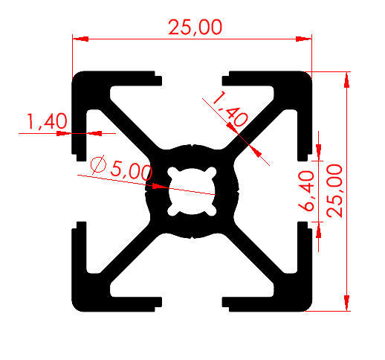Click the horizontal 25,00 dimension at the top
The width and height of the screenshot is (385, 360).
click(x=195, y=28)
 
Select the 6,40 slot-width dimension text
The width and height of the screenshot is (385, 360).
click(x=308, y=190)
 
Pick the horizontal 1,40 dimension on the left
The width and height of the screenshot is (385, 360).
click(x=47, y=121)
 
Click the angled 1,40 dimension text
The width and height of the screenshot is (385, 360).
click(x=230, y=107)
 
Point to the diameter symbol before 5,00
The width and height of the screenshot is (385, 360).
click(x=97, y=165)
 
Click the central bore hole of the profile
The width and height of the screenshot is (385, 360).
click(x=192, y=191)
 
